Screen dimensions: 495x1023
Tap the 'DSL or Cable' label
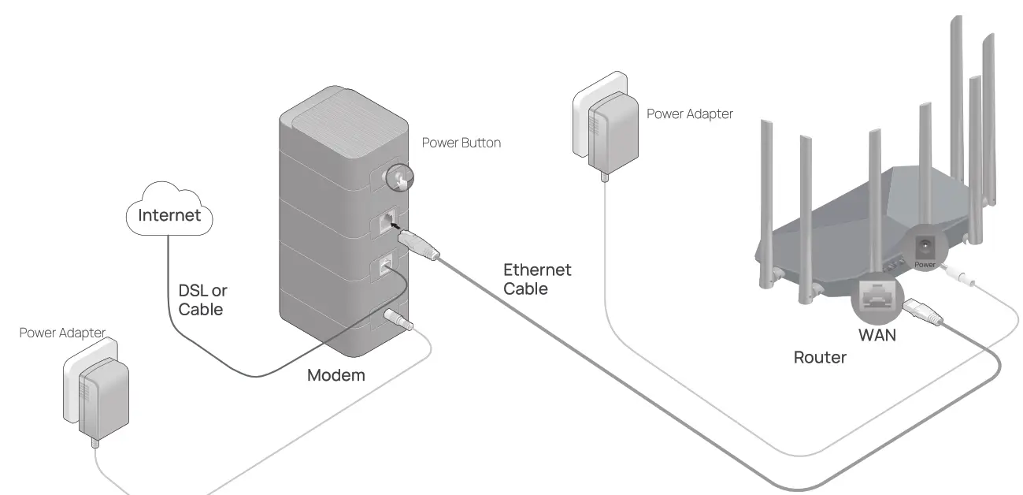[x=202, y=300]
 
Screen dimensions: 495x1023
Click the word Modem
[x=335, y=375]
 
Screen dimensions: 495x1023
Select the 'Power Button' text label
[x=461, y=143]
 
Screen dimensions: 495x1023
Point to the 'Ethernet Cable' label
[x=537, y=280]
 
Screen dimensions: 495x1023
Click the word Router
[x=819, y=358]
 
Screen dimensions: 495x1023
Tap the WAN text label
[x=877, y=335]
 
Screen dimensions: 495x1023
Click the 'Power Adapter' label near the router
[x=689, y=114]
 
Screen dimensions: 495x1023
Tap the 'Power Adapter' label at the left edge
[x=62, y=333]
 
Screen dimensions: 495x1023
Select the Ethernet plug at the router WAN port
[x=922, y=312]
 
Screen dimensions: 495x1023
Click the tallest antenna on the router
[x=956, y=95]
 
